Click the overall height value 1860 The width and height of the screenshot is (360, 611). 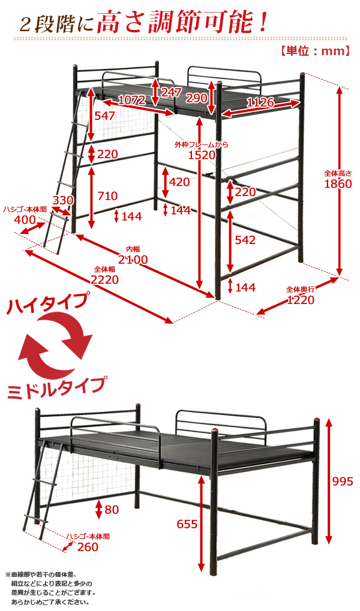[338, 183]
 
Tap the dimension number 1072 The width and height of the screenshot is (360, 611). [132, 100]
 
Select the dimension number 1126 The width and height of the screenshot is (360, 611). [260, 102]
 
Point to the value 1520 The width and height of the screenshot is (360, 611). [202, 155]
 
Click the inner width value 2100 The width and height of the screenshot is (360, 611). [133, 260]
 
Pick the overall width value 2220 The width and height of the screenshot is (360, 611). [104, 279]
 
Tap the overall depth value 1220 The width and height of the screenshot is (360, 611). [301, 300]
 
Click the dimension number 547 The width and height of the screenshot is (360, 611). [106, 116]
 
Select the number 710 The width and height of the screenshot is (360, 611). [107, 195]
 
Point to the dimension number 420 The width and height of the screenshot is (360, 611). [179, 182]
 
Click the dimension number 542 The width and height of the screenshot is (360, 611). [245, 240]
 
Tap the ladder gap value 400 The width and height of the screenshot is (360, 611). [25, 220]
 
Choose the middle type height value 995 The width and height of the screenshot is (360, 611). [343, 481]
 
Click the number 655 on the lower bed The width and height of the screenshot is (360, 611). [187, 524]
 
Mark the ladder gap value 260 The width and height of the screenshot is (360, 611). [88, 547]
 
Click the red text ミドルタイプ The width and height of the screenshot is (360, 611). [56, 387]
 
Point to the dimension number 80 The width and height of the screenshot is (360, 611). [112, 509]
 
